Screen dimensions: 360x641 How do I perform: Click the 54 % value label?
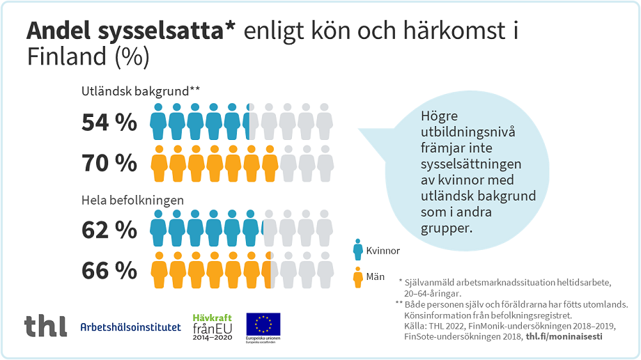click(x=109, y=123)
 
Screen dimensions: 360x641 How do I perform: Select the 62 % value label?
click(x=109, y=229)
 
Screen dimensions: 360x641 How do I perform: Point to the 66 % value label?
click(x=109, y=270)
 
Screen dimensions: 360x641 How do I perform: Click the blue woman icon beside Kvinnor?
click(x=357, y=249)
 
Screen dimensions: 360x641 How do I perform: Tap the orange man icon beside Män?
click(x=357, y=277)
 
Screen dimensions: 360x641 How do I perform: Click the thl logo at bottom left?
click(x=46, y=326)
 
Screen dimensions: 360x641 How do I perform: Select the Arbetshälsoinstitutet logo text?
click(x=130, y=327)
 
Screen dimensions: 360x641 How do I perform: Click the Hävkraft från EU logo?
click(x=211, y=327)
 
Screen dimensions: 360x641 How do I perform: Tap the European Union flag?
click(x=263, y=325)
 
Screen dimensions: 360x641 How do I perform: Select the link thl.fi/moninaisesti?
click(x=564, y=337)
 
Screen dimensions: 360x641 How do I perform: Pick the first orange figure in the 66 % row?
click(x=159, y=270)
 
